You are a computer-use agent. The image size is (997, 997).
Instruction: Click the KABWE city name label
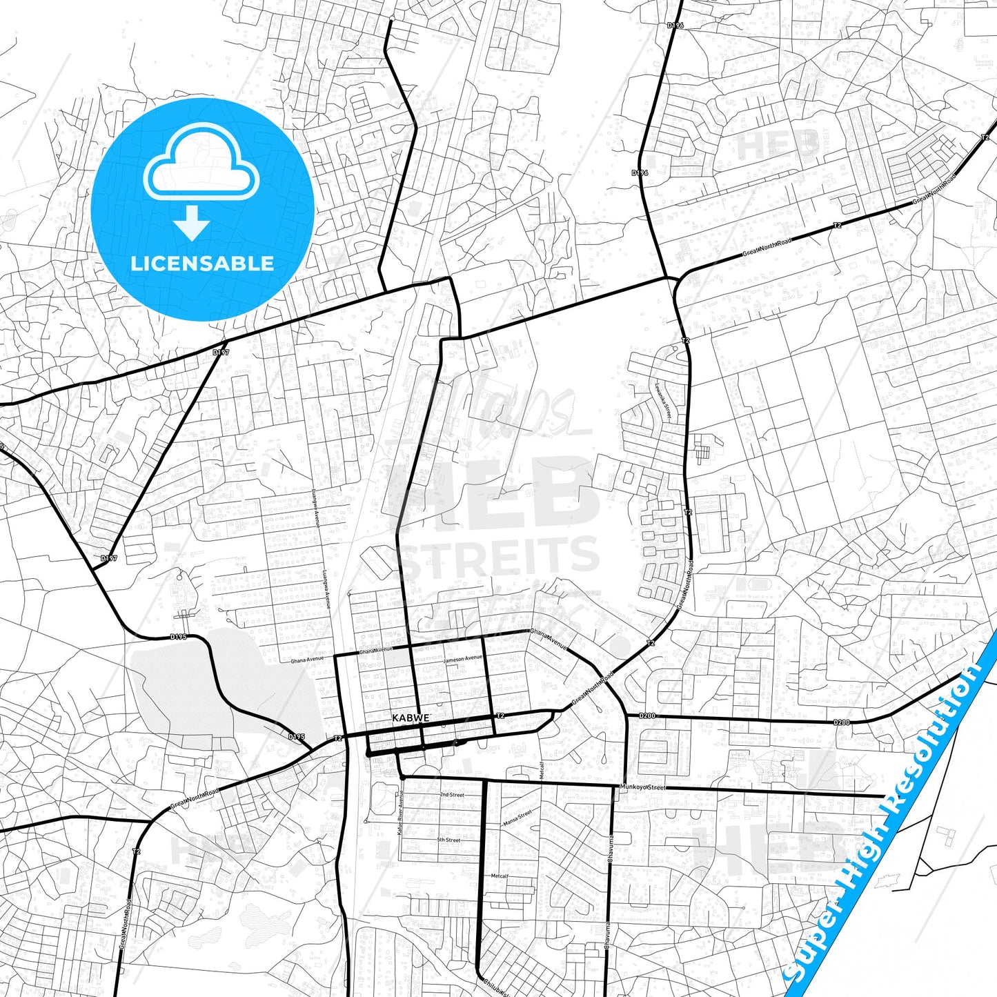(411, 718)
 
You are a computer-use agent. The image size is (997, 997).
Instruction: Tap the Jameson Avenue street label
(463, 659)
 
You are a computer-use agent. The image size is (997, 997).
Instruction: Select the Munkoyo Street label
(642, 787)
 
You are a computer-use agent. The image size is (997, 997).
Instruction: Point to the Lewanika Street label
(663, 401)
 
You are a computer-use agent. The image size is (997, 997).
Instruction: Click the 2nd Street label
(452, 795)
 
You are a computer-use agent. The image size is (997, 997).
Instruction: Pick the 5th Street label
(448, 840)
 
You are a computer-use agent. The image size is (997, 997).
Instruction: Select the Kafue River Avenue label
(400, 814)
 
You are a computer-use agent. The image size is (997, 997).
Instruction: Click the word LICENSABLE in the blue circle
(202, 264)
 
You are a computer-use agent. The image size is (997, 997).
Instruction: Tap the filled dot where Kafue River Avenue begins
(402, 778)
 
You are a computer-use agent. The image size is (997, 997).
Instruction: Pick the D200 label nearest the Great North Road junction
(646, 716)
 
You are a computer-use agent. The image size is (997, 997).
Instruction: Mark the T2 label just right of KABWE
(500, 715)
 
